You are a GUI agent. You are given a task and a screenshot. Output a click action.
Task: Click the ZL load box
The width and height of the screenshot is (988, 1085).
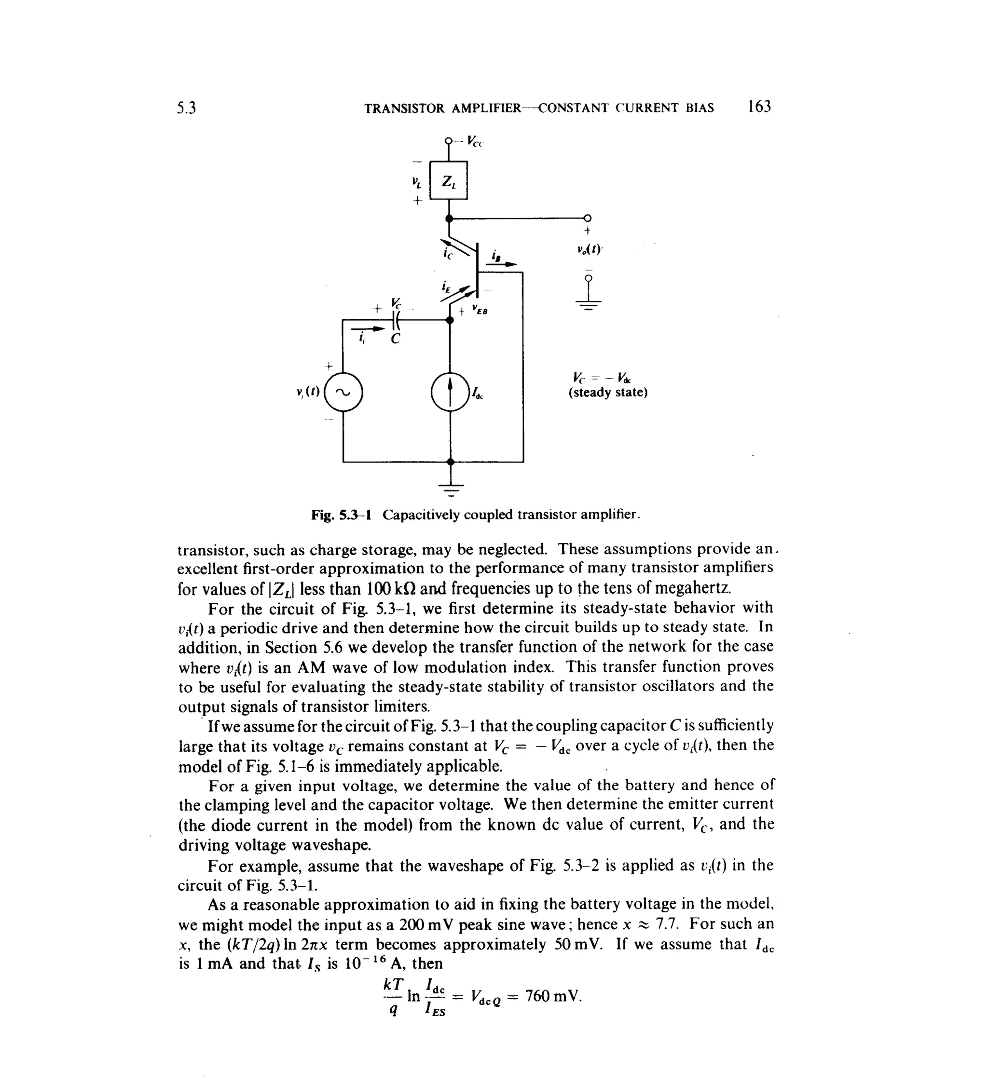tap(449, 181)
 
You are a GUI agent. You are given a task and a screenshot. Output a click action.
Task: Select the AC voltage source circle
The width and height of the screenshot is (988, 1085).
tap(343, 392)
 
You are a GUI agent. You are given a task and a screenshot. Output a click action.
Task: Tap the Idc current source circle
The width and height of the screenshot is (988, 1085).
tap(450, 392)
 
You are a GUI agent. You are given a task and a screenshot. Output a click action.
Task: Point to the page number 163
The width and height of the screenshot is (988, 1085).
tap(759, 107)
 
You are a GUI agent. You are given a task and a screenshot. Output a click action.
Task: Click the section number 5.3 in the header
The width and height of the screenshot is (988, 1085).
tap(186, 108)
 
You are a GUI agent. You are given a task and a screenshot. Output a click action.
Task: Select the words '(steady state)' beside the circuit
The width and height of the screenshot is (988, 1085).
tap(608, 393)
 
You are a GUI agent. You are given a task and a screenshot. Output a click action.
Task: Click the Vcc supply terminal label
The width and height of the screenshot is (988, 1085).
tap(475, 142)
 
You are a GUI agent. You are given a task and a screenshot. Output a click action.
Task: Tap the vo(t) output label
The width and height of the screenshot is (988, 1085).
tap(588, 250)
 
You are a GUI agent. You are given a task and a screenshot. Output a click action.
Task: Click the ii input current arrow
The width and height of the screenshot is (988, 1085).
tap(368, 328)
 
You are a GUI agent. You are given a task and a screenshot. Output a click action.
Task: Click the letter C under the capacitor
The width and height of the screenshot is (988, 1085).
tap(395, 339)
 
